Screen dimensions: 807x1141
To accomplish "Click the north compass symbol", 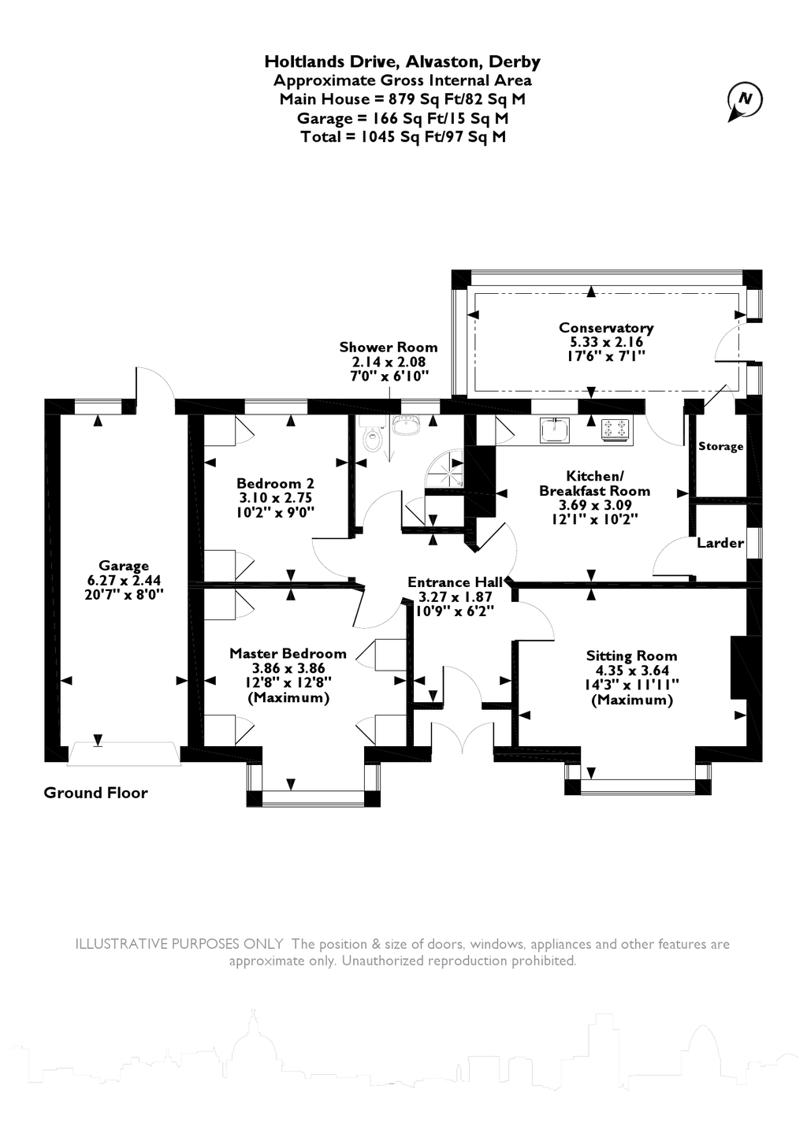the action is (744, 101).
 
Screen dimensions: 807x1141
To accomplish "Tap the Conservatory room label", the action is (606, 328).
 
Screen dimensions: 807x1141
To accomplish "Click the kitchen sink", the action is (555, 431).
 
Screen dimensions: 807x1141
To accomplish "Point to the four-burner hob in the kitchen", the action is (616, 429).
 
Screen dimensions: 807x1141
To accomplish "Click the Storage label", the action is (720, 447).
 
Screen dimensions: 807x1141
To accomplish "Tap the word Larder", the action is (720, 543).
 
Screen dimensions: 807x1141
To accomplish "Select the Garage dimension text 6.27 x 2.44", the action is (124, 580).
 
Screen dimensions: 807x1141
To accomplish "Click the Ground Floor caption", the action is (96, 793).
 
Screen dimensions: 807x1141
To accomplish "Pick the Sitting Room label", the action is (631, 656).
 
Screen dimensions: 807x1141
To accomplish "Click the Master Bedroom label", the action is (288, 653).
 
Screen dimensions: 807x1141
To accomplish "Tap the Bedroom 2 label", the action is (275, 483).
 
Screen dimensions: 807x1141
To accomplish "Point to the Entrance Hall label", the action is (455, 582).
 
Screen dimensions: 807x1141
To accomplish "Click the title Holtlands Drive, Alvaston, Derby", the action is (403, 61).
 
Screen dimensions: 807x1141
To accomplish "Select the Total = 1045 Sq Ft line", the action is (403, 137).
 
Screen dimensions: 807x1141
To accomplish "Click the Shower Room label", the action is (389, 348).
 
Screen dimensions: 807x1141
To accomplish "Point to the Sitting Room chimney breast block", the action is (738, 667).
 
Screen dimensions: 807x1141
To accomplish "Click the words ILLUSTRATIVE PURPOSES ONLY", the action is (180, 944).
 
